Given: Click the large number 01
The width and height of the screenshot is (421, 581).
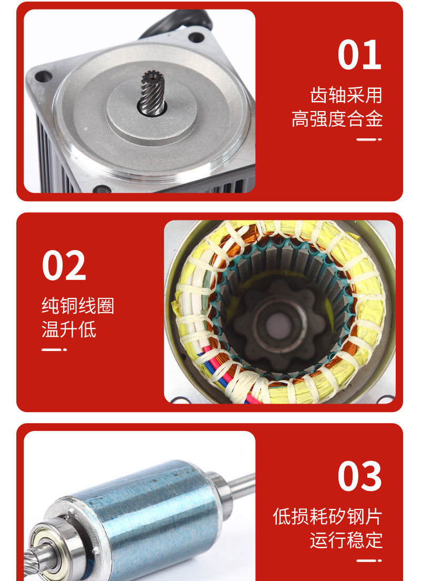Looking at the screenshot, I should click(x=359, y=55).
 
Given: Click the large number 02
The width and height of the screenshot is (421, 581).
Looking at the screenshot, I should click(x=64, y=266).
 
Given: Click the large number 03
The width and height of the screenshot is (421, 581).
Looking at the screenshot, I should click(x=359, y=476).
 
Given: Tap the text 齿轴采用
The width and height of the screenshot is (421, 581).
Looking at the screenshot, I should click(x=346, y=95).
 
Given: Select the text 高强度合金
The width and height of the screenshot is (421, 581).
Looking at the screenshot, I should click(x=337, y=119).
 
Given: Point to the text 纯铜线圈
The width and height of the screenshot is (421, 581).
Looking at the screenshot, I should click(x=78, y=306).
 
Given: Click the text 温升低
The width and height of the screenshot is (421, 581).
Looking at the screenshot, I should click(x=69, y=329).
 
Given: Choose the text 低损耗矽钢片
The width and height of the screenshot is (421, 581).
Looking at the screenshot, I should click(x=327, y=516).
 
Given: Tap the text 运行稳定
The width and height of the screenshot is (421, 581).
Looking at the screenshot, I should click(x=346, y=540).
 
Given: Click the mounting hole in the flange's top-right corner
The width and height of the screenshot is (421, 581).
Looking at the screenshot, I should click(x=196, y=37).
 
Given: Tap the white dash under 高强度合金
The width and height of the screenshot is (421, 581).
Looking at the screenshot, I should click(x=369, y=139).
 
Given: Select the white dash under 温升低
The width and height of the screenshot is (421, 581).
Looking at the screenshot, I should click(x=54, y=350).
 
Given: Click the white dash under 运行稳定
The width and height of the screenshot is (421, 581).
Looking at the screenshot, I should click(x=369, y=560).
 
